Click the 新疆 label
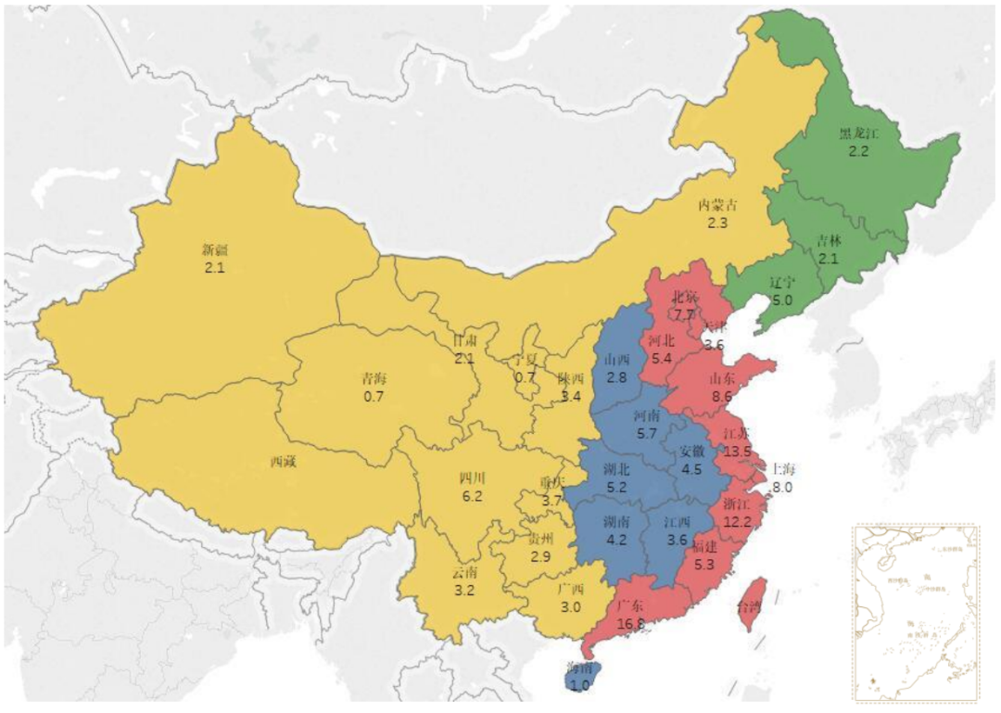click(214, 249)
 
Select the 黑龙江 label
click(857, 133)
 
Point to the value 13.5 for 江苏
click(738, 452)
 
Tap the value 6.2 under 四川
click(472, 497)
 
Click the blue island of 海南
click(582, 676)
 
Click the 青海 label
click(374, 378)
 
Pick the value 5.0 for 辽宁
click(782, 300)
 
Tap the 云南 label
click(465, 573)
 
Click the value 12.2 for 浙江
click(737, 522)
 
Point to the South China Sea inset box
click(914, 613)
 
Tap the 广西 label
click(570, 590)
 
